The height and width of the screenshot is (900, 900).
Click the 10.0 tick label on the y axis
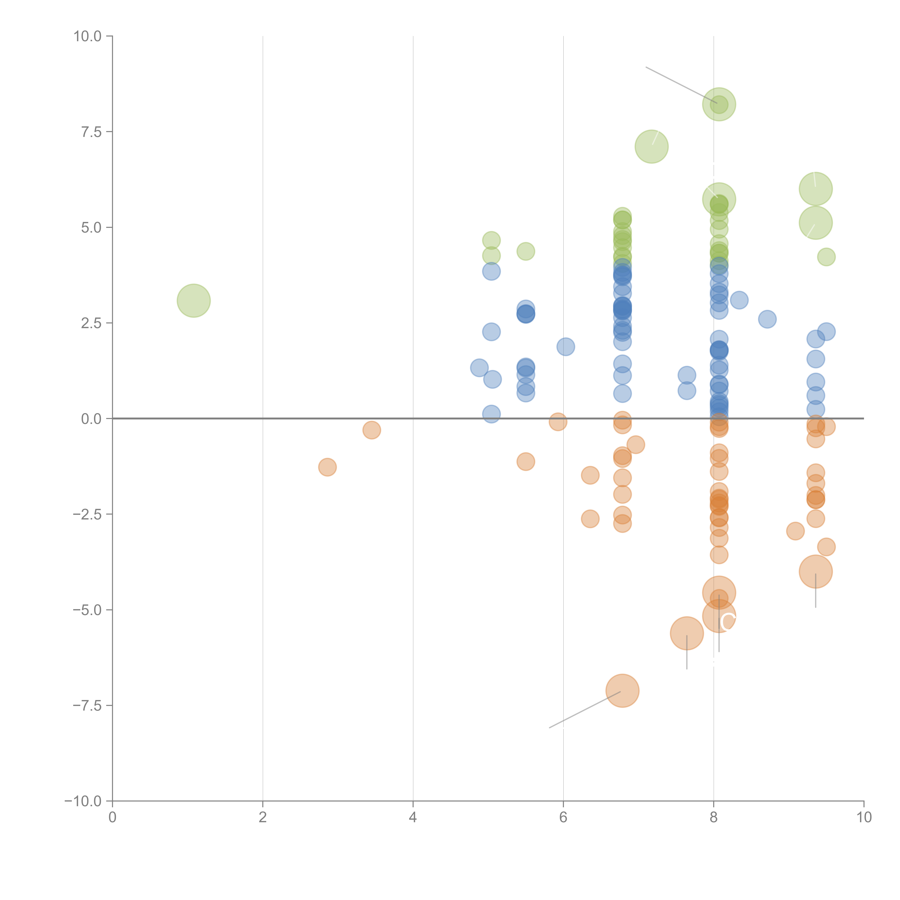pos(88,36)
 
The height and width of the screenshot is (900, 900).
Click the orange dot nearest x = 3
pos(327,467)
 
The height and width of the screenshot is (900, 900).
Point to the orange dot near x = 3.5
pos(371,430)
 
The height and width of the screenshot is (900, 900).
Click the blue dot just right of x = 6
pos(566,346)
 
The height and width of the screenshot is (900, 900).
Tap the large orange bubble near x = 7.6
pos(687,633)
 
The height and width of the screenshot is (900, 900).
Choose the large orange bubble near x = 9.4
pos(815,571)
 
